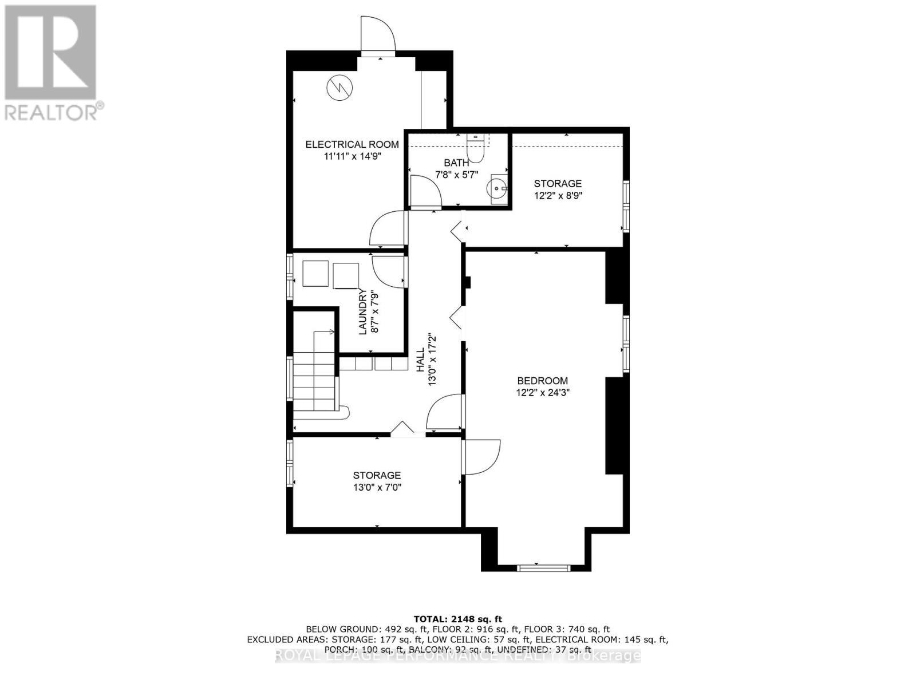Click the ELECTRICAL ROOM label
pyautogui.click(x=352, y=144)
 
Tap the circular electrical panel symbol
pyautogui.click(x=340, y=88)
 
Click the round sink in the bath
pyautogui.click(x=496, y=187)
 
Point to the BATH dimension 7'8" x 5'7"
pyautogui.click(x=456, y=174)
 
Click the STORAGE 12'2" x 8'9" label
pyautogui.click(x=558, y=183)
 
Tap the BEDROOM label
pyautogui.click(x=542, y=381)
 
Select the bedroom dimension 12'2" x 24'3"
pyautogui.click(x=542, y=393)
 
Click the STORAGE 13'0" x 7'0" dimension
pyautogui.click(x=377, y=488)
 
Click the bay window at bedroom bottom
pyautogui.click(x=543, y=567)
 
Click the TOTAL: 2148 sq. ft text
pyautogui.click(x=457, y=619)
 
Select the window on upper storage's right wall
pyautogui.click(x=626, y=206)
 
